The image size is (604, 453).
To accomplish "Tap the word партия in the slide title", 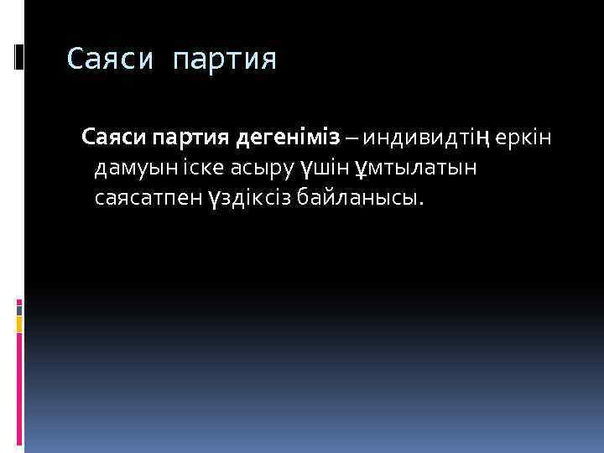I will (x=224, y=60).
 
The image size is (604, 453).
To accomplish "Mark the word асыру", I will (x=265, y=169).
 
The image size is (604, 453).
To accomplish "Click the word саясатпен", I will (x=147, y=199).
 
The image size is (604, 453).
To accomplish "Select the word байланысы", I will (x=362, y=199).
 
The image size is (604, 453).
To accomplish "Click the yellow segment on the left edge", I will (x=20, y=324).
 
